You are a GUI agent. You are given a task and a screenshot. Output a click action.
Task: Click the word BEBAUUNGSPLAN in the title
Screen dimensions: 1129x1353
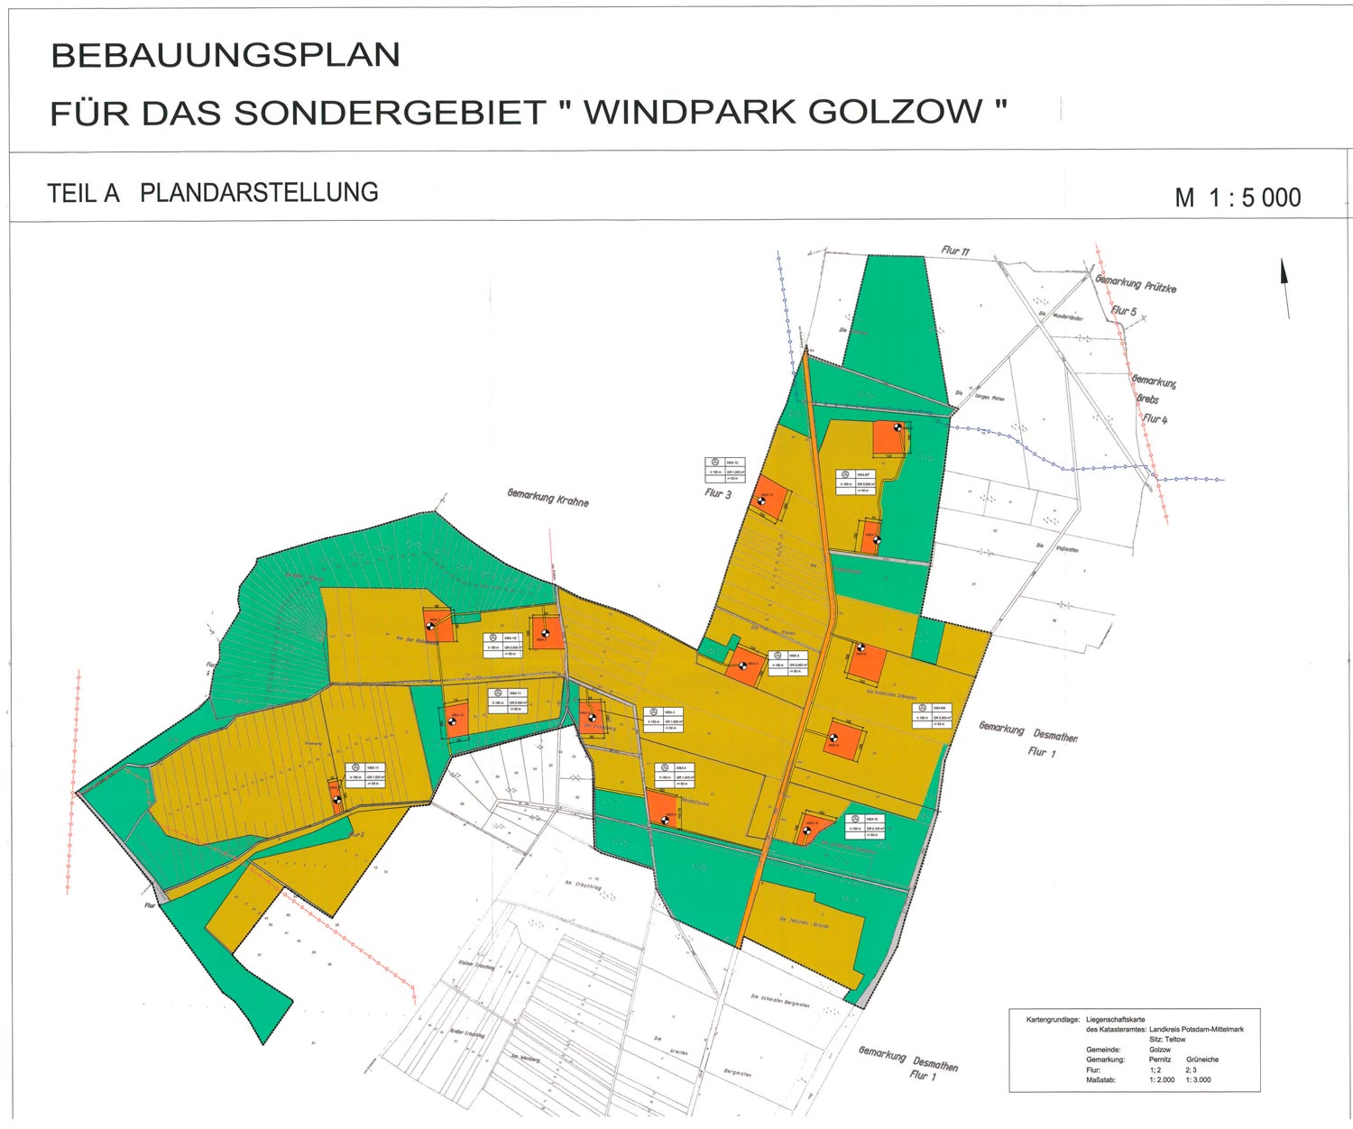(225, 56)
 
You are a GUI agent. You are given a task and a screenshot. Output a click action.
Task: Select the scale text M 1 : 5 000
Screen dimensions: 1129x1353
(1238, 197)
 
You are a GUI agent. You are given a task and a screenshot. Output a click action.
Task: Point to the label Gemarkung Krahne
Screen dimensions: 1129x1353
(548, 497)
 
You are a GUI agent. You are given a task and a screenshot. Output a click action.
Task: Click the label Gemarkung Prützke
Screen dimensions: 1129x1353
(1136, 283)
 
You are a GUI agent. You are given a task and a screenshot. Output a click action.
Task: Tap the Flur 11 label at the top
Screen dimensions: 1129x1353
(955, 251)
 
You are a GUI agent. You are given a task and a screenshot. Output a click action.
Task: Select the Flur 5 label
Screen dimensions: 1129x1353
(1124, 311)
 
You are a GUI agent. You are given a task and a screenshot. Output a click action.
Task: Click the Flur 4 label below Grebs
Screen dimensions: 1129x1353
(1155, 418)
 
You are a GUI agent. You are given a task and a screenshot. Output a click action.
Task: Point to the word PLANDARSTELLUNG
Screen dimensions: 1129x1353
(259, 193)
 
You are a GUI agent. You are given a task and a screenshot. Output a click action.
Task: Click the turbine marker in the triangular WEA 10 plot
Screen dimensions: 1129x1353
(806, 831)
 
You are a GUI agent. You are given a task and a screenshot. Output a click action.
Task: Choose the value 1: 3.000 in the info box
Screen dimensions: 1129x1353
(1199, 1079)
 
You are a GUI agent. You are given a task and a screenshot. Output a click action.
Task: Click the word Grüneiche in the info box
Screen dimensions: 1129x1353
(1202, 1060)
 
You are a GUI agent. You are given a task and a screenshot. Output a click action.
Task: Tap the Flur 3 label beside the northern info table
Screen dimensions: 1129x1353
(718, 493)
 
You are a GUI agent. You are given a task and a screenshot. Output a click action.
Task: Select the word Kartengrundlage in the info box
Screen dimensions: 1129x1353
(1053, 1019)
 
